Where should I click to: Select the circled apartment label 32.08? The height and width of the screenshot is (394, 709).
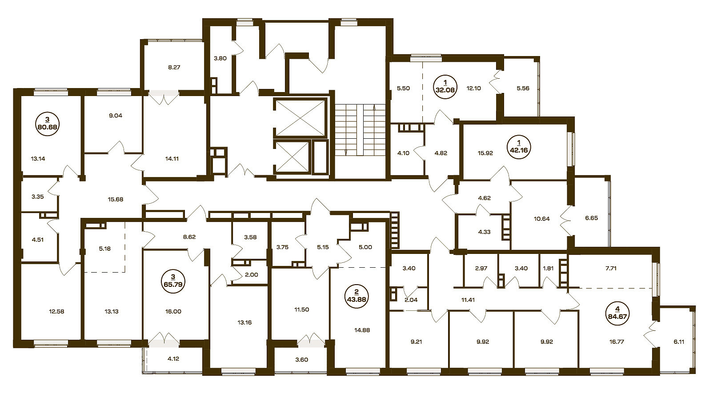pyautogui.click(x=445, y=86)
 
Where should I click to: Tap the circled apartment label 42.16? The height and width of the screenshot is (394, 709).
pyautogui.click(x=519, y=147)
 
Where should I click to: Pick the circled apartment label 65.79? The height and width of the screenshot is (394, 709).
pyautogui.click(x=173, y=281)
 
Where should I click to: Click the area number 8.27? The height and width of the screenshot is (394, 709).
pyautogui.click(x=174, y=68)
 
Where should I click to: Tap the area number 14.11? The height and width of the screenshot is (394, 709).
pyautogui.click(x=172, y=159)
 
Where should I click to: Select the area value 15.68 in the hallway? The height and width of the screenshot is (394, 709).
pyautogui.click(x=116, y=199)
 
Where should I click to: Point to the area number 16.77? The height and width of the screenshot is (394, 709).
pyautogui.click(x=617, y=342)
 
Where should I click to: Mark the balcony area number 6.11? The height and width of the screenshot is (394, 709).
pyautogui.click(x=679, y=342)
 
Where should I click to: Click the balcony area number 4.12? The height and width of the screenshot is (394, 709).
pyautogui.click(x=173, y=359)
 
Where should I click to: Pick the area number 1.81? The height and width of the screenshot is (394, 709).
pyautogui.click(x=548, y=268)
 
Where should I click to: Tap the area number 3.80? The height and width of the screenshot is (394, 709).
pyautogui.click(x=220, y=58)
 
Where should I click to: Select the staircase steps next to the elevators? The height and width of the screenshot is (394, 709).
pyautogui.click(x=361, y=130)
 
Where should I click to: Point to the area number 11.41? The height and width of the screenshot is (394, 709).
pyautogui.click(x=468, y=300)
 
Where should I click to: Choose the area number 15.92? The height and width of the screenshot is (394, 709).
pyautogui.click(x=485, y=153)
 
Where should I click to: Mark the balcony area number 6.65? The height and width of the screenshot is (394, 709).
pyautogui.click(x=592, y=218)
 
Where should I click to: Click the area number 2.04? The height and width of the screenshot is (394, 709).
pyautogui.click(x=411, y=300)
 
